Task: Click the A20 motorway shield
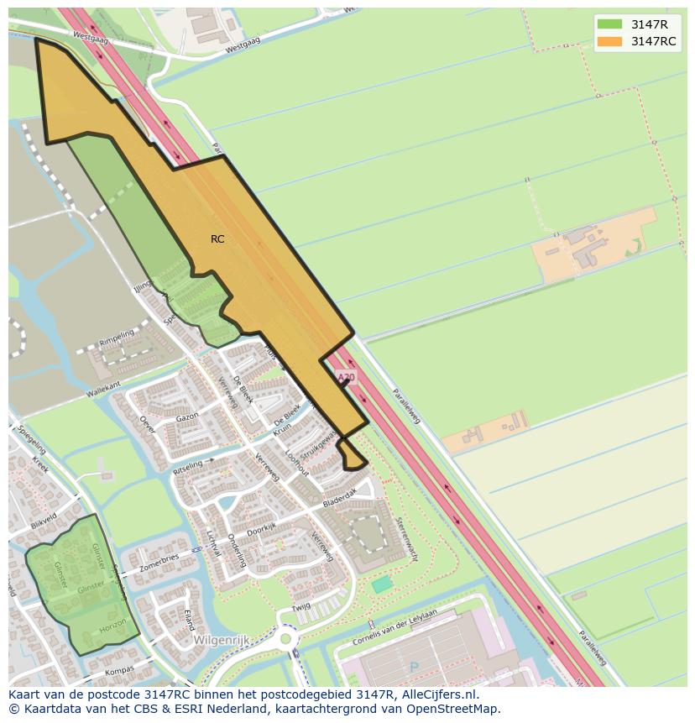coord(344,379)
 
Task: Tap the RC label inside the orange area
coord(217,239)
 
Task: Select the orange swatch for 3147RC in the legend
coord(610,42)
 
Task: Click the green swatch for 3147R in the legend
coord(610,24)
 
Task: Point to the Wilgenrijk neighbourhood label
coord(222,639)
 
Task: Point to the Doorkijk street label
coord(262,529)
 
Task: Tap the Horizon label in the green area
coord(112,627)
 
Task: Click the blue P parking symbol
coord(413,668)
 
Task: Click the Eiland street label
coord(189,620)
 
